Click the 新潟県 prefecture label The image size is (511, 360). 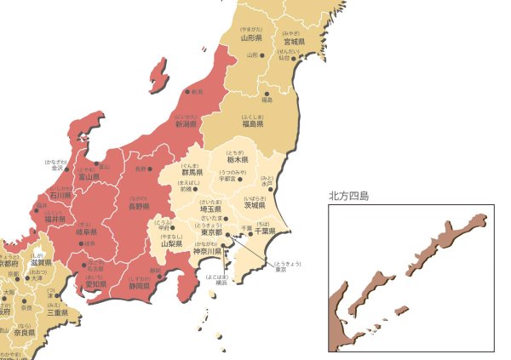coord(185,124)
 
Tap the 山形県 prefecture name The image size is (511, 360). coord(250,37)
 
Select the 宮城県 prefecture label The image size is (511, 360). coord(295,41)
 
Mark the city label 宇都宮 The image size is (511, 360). coord(227,180)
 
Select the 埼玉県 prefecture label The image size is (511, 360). coord(210,209)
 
